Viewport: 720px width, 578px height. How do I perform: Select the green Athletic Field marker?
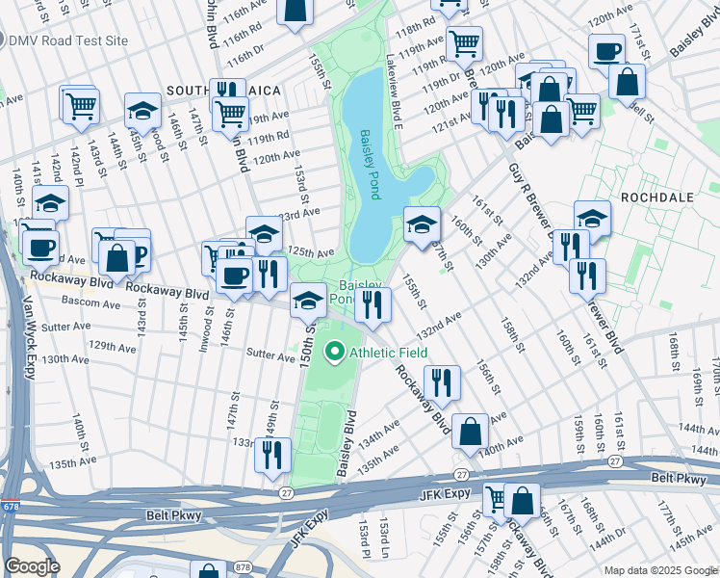coord(335,353)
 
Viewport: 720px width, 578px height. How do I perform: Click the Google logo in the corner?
coord(33,566)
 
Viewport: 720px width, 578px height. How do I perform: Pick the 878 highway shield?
coord(202,568)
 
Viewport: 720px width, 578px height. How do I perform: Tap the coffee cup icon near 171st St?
coord(606,51)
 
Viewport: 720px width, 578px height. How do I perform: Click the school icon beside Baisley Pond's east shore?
coord(422,225)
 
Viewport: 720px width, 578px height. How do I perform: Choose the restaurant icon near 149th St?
coord(272,453)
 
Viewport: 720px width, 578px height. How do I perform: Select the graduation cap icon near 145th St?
coord(142,110)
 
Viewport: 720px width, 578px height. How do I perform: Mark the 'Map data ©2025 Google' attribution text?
coord(659,570)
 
